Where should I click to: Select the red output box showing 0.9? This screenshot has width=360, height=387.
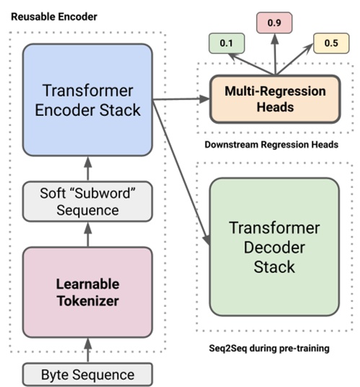(x=273, y=23)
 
